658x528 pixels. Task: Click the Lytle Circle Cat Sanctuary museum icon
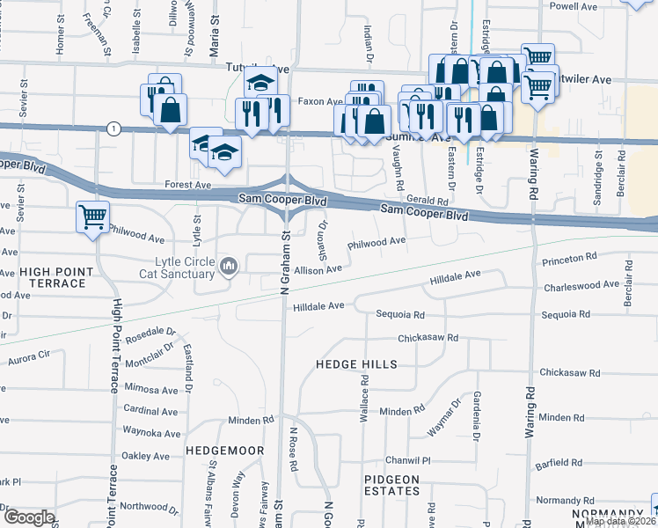click(x=230, y=265)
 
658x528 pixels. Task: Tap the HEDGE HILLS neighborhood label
click(x=356, y=364)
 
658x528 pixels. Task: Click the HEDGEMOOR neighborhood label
click(x=225, y=451)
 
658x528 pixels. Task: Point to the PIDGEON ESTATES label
click(x=392, y=486)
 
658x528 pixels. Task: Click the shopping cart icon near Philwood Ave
click(x=92, y=216)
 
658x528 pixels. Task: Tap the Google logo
click(x=28, y=517)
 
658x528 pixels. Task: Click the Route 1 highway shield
click(x=113, y=128)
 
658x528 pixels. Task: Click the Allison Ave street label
click(x=318, y=270)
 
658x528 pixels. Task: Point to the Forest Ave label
click(x=188, y=186)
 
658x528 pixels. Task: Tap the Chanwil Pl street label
click(x=408, y=460)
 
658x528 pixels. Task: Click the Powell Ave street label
click(x=573, y=6)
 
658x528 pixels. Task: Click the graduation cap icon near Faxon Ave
click(x=260, y=83)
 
